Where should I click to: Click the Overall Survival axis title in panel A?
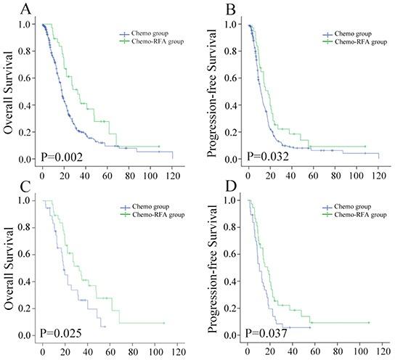(9, 94)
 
